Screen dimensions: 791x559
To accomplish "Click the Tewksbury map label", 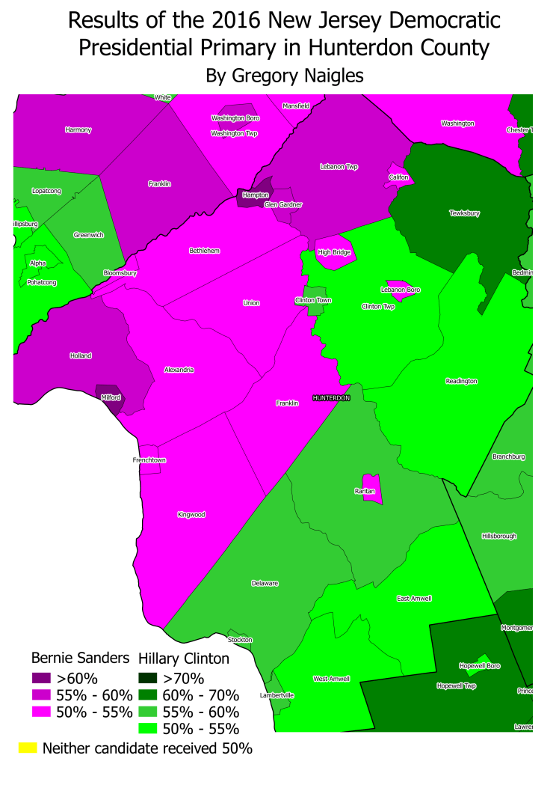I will pyautogui.click(x=464, y=213).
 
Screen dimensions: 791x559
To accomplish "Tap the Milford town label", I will pyautogui.click(x=111, y=398).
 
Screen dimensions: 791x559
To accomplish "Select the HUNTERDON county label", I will pyautogui.click(x=331, y=398).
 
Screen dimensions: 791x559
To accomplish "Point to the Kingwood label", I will pyautogui.click(x=191, y=515).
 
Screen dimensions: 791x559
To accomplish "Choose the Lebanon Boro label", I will pyautogui.click(x=401, y=290).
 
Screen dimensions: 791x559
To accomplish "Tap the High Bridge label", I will pyautogui.click(x=334, y=252).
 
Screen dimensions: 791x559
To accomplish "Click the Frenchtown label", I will pyautogui.click(x=149, y=459).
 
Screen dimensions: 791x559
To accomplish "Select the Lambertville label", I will pyautogui.click(x=277, y=695).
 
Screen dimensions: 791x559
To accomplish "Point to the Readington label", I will pyautogui.click(x=461, y=381).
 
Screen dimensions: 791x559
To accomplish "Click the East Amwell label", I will pyautogui.click(x=414, y=599).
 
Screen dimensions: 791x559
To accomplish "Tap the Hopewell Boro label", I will pyautogui.click(x=479, y=665).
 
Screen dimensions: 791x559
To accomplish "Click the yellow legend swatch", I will pyautogui.click(x=27, y=748).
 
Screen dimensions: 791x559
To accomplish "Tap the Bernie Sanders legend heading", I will pyautogui.click(x=80, y=659).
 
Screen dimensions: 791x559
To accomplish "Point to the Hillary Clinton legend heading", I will pyautogui.click(x=184, y=659).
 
